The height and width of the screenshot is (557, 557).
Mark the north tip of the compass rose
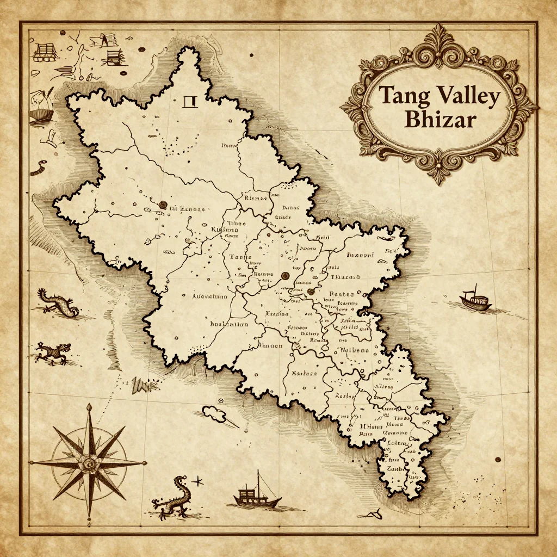coord(89,405)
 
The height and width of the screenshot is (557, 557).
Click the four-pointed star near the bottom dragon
coord(197,481)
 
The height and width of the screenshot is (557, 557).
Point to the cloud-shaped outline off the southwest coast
coord(215,413)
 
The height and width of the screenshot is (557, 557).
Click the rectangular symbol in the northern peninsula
coord(190,101)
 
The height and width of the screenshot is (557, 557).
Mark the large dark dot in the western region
coord(162,205)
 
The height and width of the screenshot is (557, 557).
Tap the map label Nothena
coord(354,350)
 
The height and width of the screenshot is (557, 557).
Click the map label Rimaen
coord(270,345)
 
